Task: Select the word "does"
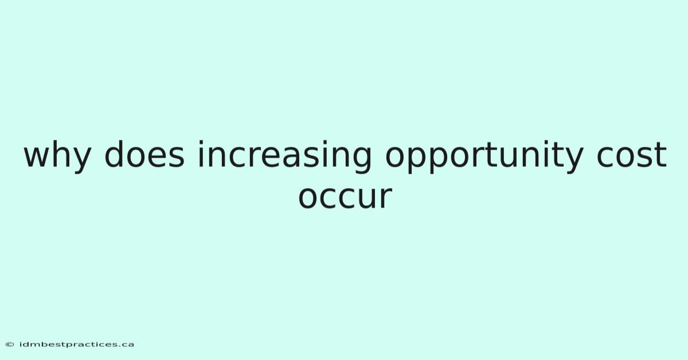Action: (x=144, y=154)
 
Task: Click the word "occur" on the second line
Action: (x=345, y=197)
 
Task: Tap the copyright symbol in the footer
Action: (x=10, y=345)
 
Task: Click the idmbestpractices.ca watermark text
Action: (x=77, y=345)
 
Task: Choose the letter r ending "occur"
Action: (x=385, y=197)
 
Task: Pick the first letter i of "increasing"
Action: (x=201, y=154)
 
